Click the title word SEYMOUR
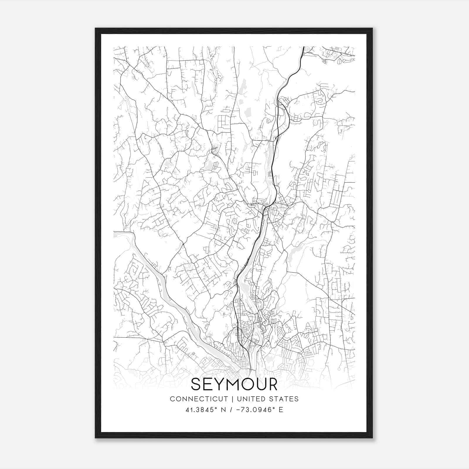[x=234, y=384]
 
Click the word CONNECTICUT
[x=199, y=399]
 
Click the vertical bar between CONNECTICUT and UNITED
[x=232, y=399]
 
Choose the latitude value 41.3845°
[x=200, y=410]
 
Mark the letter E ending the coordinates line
[x=281, y=410]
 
